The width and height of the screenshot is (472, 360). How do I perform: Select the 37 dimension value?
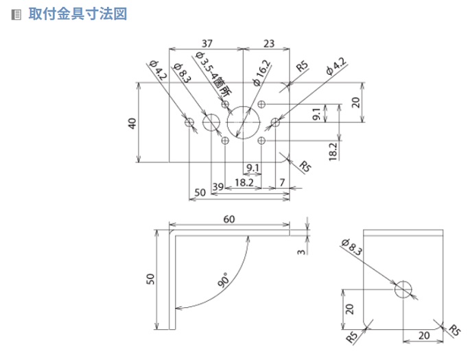coord(206,43)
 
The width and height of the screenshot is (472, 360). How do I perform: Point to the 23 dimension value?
coord(268,43)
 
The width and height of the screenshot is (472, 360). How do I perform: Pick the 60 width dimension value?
coord(229,219)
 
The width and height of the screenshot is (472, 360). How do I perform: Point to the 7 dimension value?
coord(282,183)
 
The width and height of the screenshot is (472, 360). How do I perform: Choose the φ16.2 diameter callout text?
coord(261,72)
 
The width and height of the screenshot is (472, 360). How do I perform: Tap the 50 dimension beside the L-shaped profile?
coord(152,278)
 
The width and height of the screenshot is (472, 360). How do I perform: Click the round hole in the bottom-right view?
coord(404,289)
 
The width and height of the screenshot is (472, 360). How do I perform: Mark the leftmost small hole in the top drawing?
coord(191,123)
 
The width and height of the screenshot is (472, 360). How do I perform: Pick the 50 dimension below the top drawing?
coord(200,193)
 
